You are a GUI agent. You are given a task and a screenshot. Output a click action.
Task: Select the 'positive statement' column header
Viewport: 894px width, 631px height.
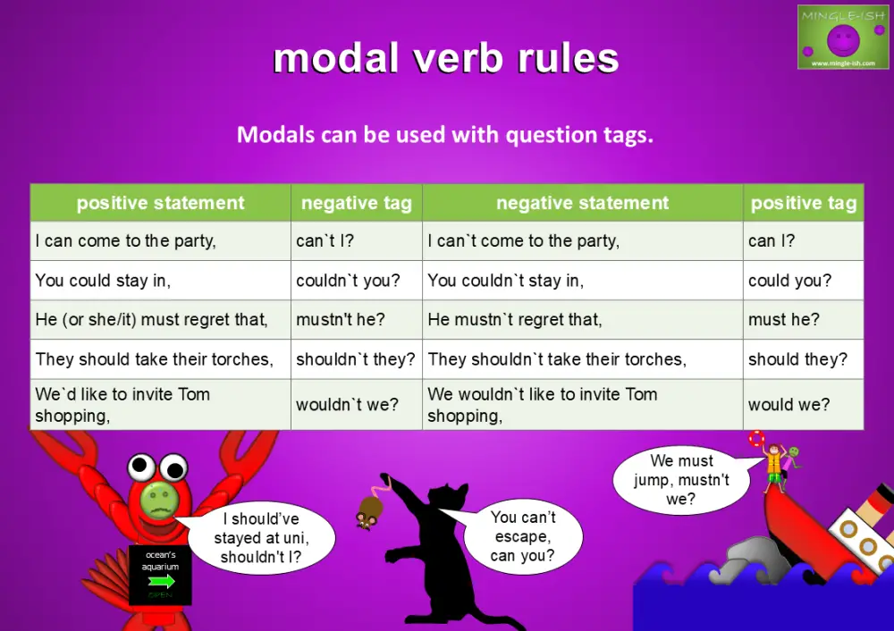pos(161,203)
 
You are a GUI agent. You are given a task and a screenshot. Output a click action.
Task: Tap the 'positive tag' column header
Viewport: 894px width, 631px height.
pos(803,203)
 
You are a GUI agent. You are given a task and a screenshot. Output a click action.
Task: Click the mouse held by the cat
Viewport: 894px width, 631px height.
pos(367,510)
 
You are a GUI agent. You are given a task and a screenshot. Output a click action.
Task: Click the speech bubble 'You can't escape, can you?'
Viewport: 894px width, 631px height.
pos(523,536)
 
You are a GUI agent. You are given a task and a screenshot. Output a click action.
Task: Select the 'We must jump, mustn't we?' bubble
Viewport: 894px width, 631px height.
pos(681,480)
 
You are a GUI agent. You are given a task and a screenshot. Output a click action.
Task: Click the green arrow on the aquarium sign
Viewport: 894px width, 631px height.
pos(161,581)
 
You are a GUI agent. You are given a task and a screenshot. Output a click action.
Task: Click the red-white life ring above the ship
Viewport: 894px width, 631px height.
pos(757,439)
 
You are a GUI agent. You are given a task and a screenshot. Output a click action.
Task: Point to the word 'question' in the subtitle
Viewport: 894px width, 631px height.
pos(552,136)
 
